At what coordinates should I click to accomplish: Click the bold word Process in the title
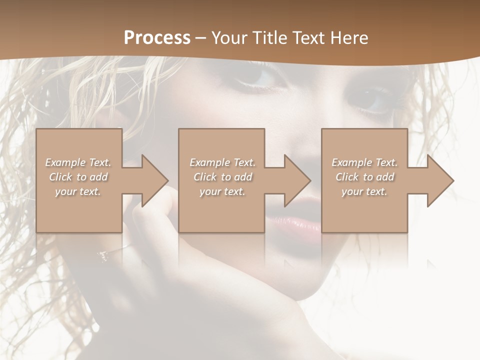pos(157,38)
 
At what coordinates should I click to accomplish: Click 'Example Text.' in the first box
pos(78,162)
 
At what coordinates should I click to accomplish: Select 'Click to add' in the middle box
pos(222,177)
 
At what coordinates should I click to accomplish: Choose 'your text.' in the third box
pos(364,191)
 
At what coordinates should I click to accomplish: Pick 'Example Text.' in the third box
pos(364,162)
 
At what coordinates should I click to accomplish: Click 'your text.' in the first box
pos(78,191)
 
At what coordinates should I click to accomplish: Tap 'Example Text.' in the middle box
pos(222,162)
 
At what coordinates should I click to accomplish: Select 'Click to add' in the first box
pos(78,177)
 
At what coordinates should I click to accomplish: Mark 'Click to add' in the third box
pos(364,177)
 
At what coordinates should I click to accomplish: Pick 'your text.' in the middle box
pos(222,191)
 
